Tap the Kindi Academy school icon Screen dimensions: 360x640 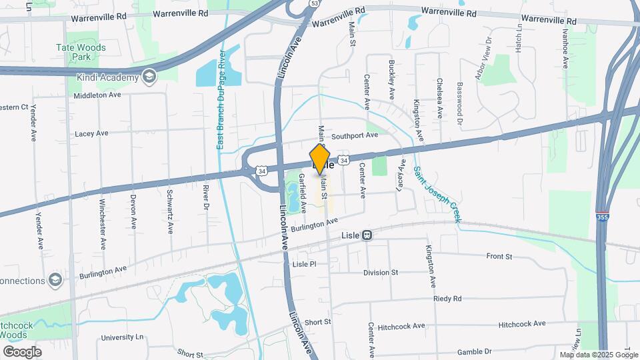coord(149,77)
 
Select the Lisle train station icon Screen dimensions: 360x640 coord(367,235)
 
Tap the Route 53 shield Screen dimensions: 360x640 coord(313,4)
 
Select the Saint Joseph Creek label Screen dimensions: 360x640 coord(437,189)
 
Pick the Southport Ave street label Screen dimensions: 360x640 coord(355,135)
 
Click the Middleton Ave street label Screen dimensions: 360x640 coord(97,95)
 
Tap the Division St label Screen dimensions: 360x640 coord(380,273)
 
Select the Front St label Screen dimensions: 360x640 coord(499,256)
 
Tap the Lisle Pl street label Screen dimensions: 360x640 coord(303,265)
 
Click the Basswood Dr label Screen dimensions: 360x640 coord(459,103)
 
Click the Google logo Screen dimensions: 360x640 coord(22,351)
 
